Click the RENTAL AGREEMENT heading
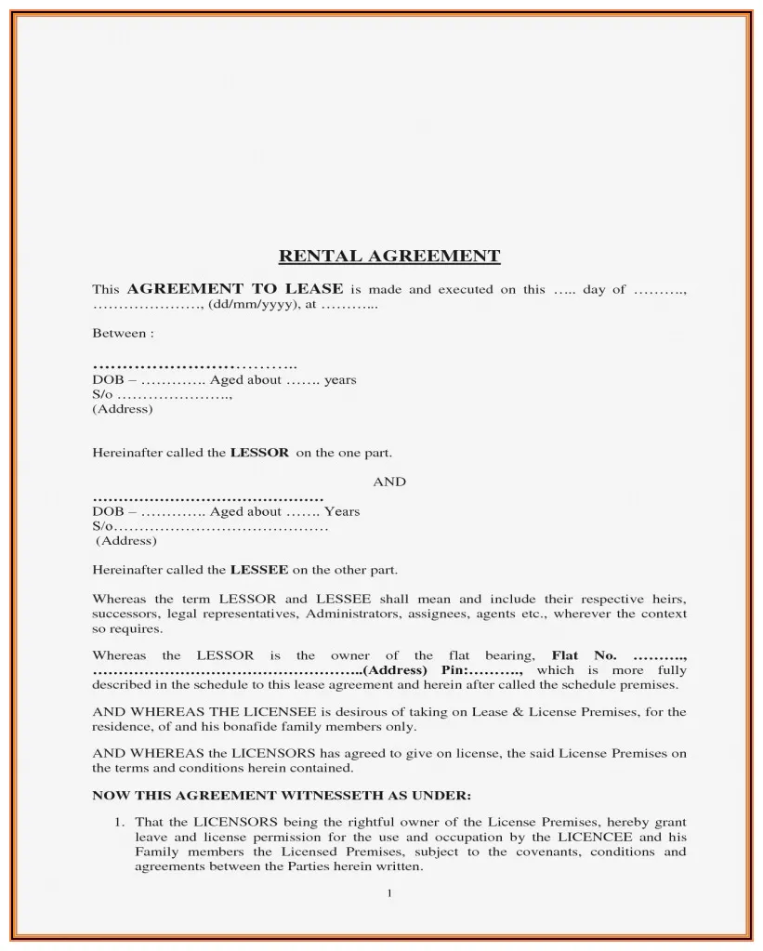(x=389, y=256)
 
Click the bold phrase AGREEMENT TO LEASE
(x=235, y=289)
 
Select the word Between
(x=119, y=333)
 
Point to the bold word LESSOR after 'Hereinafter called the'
(x=259, y=454)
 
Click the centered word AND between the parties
(x=389, y=482)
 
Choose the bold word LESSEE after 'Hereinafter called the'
(x=258, y=570)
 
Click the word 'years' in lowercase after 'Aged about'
(x=340, y=380)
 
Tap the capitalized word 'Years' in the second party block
(x=342, y=511)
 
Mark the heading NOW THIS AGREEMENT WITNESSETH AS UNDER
(x=282, y=796)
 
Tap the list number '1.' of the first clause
(x=120, y=822)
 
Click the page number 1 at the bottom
(x=389, y=894)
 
